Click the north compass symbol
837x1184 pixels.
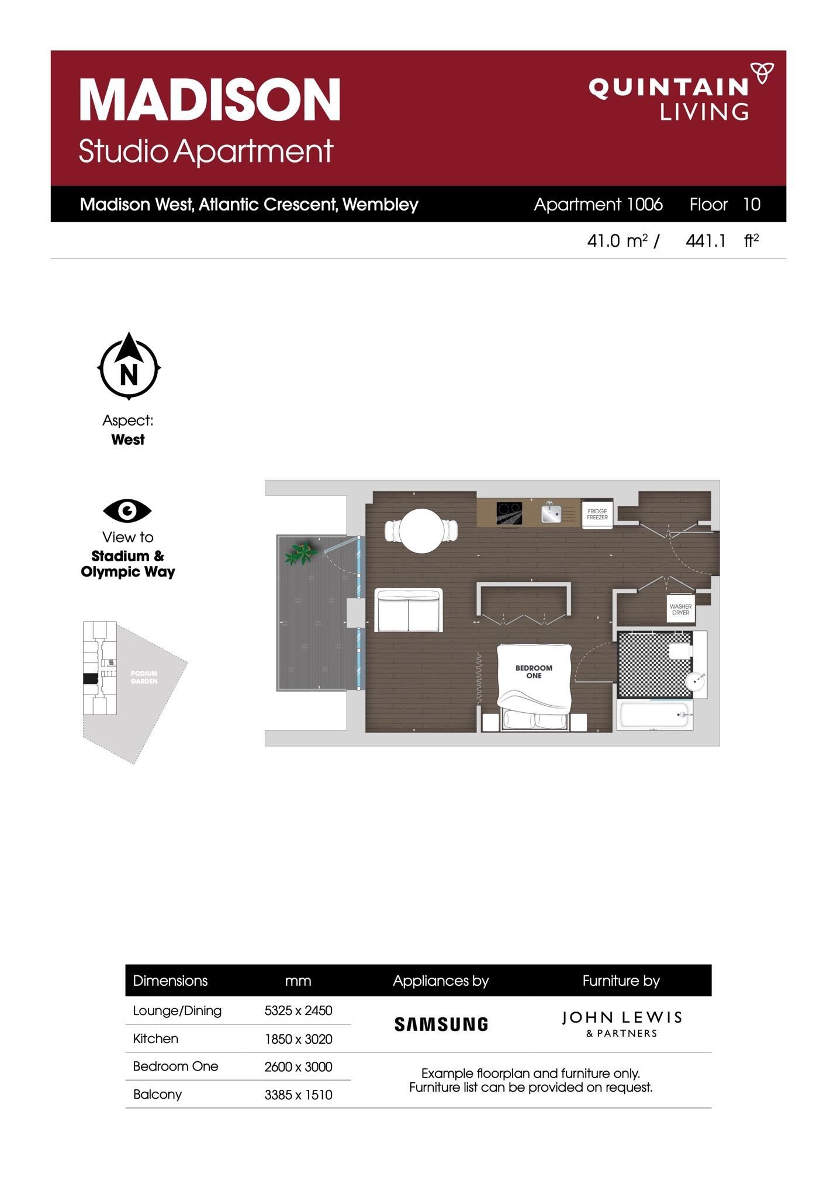[129, 367]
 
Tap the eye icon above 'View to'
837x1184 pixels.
[127, 511]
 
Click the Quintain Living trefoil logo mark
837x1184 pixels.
[762, 74]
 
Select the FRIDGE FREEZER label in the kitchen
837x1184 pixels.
[597, 514]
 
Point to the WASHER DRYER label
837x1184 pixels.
[680, 610]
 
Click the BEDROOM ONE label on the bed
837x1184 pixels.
[534, 672]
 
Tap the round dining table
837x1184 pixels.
[421, 531]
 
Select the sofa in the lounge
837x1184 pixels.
[409, 610]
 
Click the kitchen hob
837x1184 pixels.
[509, 513]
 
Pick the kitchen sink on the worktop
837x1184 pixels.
[551, 513]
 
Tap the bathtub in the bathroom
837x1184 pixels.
[655, 715]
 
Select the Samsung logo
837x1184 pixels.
[441, 1024]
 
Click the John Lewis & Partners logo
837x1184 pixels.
[622, 1024]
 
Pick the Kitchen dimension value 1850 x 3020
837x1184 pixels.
[298, 1039]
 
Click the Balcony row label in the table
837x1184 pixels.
[157, 1095]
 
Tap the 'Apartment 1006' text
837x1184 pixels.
[598, 204]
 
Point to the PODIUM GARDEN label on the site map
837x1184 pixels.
[144, 677]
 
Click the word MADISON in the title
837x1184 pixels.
[210, 99]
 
